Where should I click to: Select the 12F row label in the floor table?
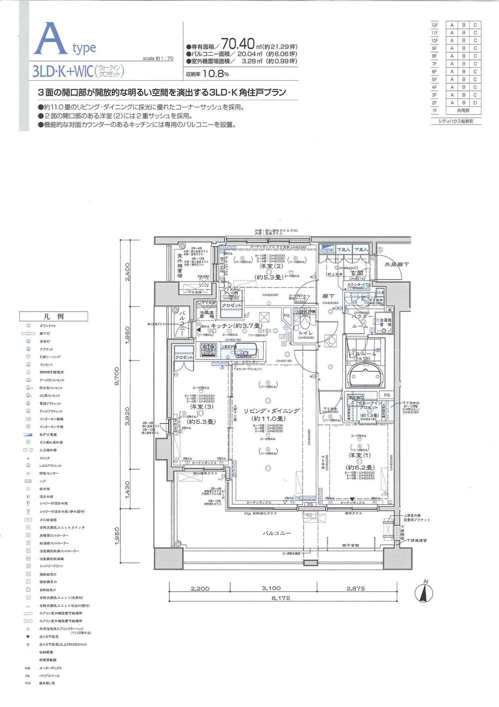pyautogui.click(x=435, y=25)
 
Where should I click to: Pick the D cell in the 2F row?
pyautogui.click(x=475, y=103)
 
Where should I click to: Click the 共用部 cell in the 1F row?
pyautogui.click(x=463, y=110)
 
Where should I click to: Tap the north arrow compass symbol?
pyautogui.click(x=425, y=593)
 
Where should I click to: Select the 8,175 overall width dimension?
pyautogui.click(x=281, y=597)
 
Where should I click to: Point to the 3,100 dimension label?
pyautogui.click(x=271, y=588)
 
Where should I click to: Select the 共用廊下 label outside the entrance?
pyautogui.click(x=396, y=265)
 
